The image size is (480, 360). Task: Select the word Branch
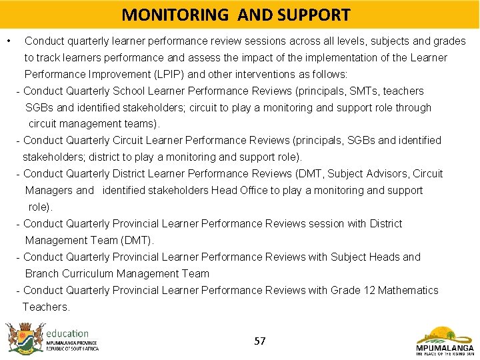click(x=41, y=273)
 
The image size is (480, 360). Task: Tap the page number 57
click(x=260, y=341)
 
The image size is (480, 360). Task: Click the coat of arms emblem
click(x=24, y=338)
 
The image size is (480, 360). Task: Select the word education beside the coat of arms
click(x=67, y=333)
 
